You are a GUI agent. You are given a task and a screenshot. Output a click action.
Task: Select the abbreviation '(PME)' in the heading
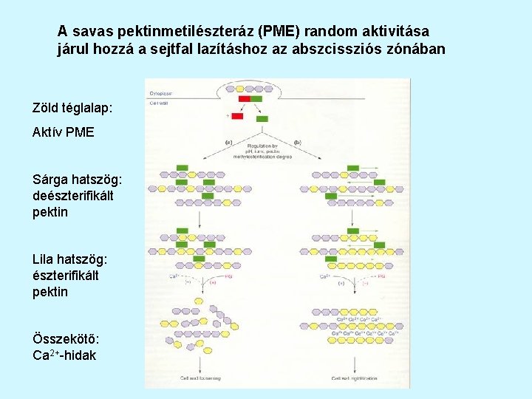279,32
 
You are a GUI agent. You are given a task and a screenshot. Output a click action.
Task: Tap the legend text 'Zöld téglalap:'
72,108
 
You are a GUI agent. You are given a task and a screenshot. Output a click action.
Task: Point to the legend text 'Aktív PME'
63,133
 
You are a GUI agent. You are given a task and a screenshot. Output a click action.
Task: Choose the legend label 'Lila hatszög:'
70,259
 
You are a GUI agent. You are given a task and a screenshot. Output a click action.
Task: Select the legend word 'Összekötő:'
64,338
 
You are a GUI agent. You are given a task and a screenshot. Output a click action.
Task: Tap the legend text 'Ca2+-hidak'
64,355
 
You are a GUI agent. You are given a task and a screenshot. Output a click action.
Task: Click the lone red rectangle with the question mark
237,116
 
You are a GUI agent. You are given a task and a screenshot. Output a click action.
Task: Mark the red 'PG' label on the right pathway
381,276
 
